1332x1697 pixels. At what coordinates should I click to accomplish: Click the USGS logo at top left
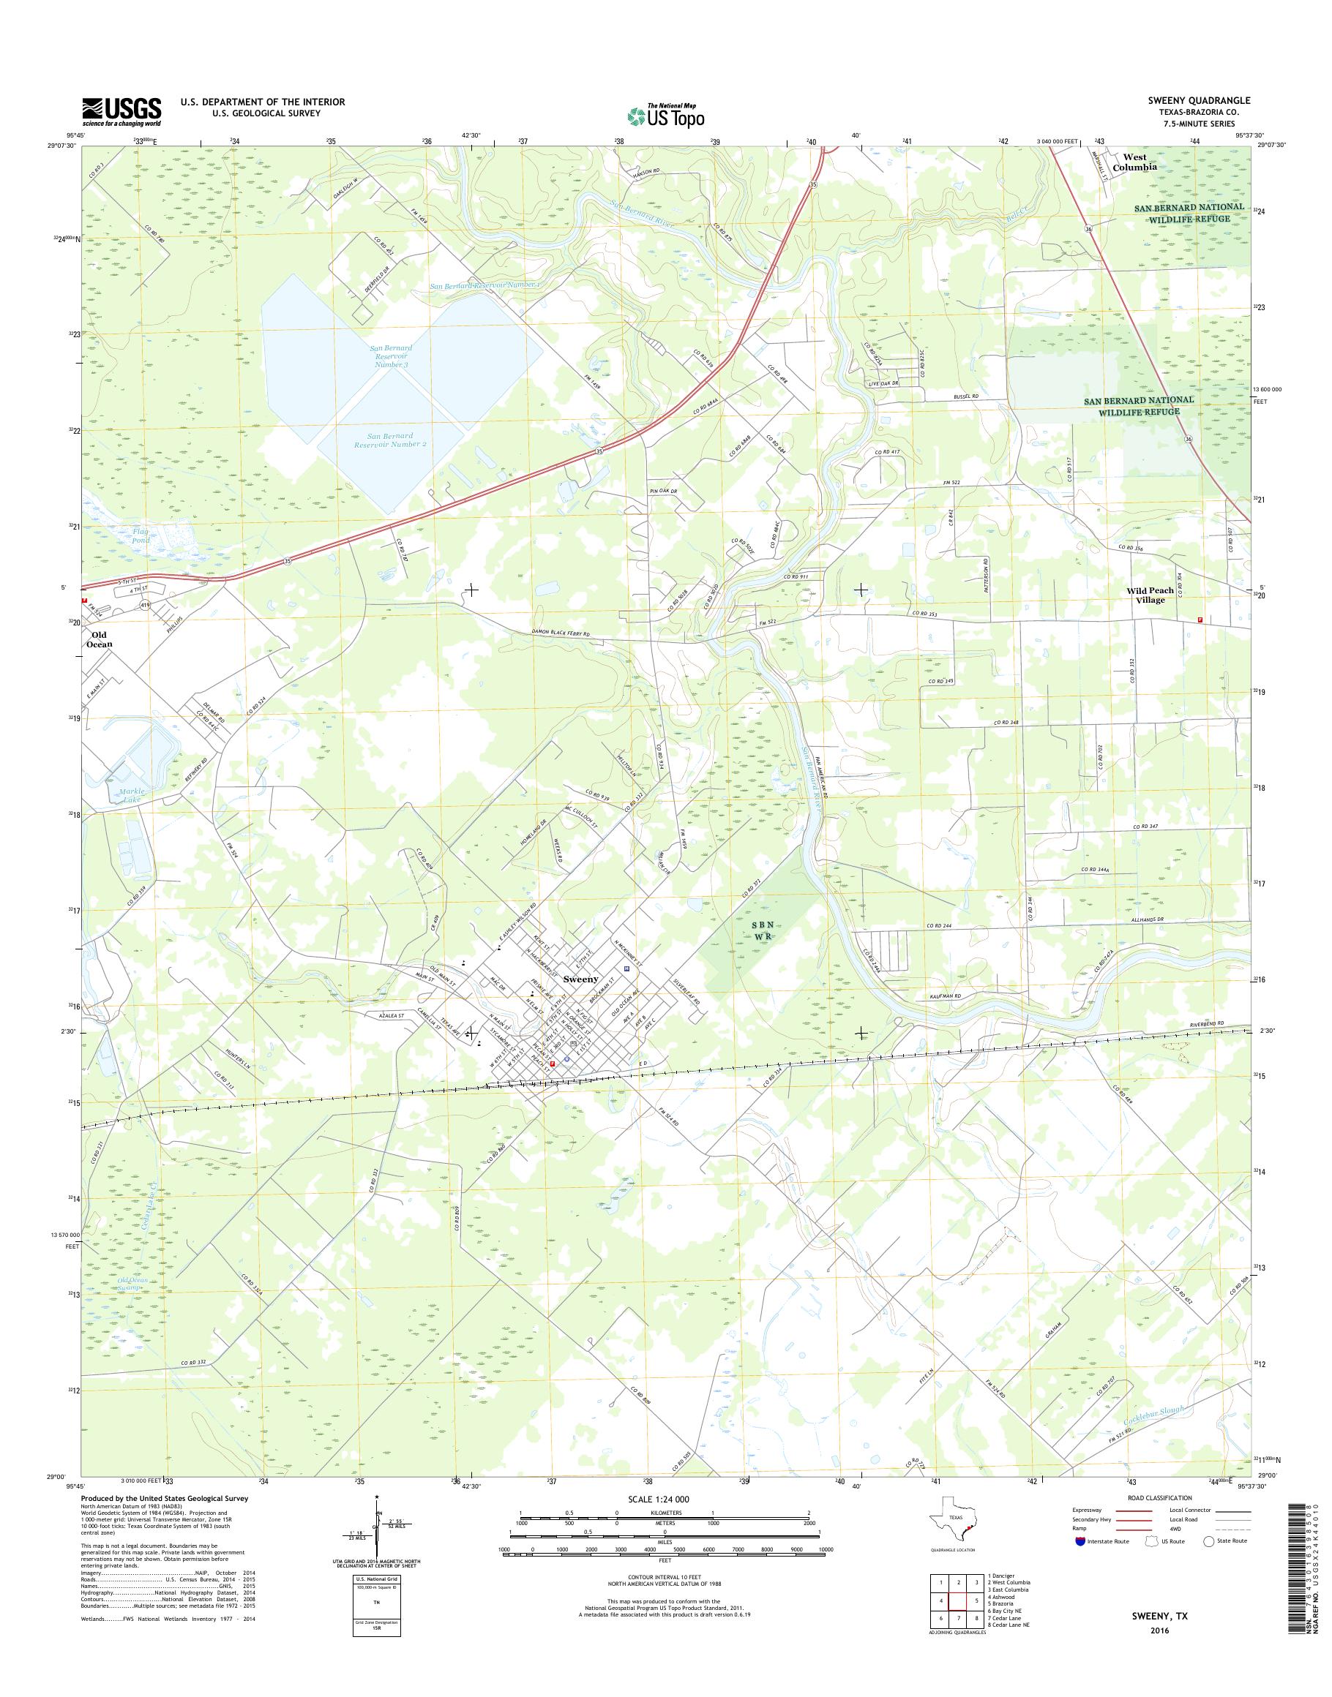[121, 111]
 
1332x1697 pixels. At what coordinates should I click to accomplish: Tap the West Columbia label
[1134, 162]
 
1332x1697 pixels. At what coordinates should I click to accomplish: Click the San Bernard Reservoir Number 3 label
[391, 356]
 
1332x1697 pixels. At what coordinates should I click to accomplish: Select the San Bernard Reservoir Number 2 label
[390, 440]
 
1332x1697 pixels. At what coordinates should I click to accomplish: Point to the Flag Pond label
[141, 535]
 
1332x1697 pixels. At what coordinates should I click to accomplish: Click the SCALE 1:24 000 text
[659, 1499]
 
